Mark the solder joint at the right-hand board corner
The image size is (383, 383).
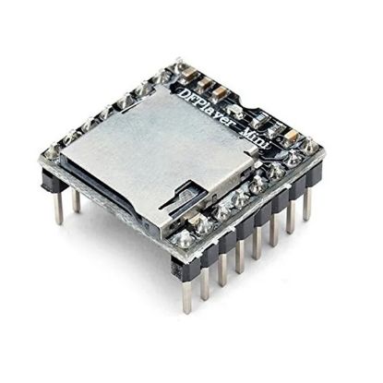point(310,147)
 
